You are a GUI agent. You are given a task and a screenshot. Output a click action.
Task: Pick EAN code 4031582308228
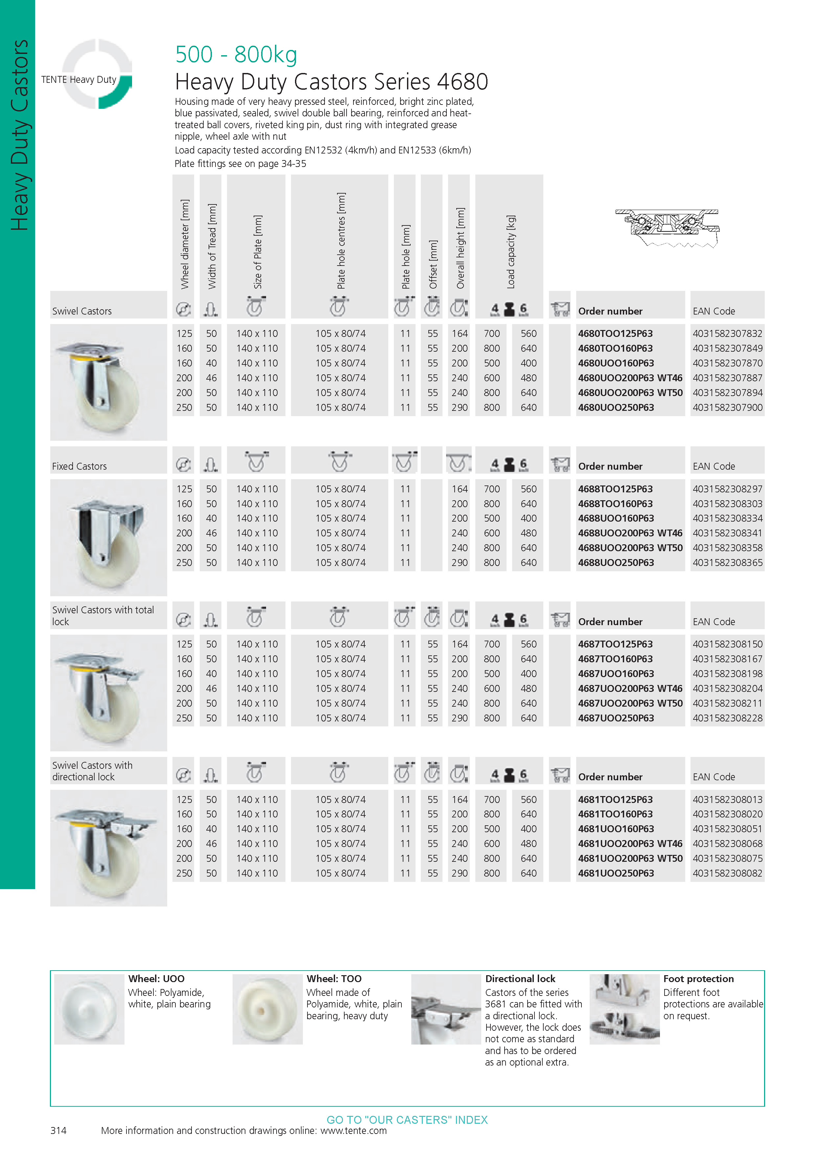(x=727, y=718)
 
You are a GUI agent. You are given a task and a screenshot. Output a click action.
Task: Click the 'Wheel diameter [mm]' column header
(x=185, y=245)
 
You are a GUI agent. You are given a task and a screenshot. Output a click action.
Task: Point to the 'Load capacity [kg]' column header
(x=511, y=252)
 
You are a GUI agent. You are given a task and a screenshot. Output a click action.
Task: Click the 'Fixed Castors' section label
(x=79, y=466)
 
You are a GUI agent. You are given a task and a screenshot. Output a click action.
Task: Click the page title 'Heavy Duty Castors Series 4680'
(x=331, y=82)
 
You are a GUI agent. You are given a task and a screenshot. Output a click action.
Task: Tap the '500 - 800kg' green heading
(x=236, y=54)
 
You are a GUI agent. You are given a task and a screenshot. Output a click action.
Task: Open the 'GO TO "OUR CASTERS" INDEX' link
(x=407, y=1120)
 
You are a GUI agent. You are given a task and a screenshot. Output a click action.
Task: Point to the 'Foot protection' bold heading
(x=698, y=979)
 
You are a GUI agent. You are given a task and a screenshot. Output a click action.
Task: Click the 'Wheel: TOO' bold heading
(x=334, y=979)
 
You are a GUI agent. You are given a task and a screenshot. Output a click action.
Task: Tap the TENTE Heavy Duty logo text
(x=79, y=79)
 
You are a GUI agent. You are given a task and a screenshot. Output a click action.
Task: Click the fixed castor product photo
(x=108, y=537)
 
